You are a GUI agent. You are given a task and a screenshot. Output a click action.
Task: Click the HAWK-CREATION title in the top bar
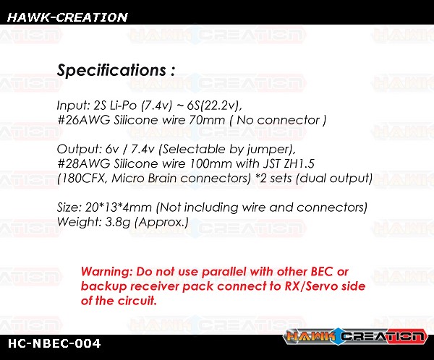(x=67, y=17)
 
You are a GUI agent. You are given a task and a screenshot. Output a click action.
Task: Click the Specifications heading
(x=116, y=70)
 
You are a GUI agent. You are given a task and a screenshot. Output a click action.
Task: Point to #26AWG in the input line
(x=84, y=120)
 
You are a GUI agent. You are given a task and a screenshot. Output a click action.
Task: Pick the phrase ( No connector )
(x=278, y=121)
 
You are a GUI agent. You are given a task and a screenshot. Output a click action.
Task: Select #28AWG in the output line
(x=84, y=163)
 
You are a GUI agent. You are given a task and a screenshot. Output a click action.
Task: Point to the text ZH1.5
(x=299, y=163)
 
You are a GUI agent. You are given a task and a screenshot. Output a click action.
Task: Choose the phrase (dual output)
(x=334, y=179)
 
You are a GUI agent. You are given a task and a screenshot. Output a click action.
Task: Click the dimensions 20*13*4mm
(x=118, y=207)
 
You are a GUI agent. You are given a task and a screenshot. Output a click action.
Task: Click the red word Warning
(x=106, y=272)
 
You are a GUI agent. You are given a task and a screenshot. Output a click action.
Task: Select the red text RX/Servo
(x=311, y=286)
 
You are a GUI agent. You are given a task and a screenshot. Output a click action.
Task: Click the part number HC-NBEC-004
(x=54, y=343)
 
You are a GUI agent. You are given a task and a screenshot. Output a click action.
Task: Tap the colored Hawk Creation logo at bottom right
(x=355, y=336)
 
